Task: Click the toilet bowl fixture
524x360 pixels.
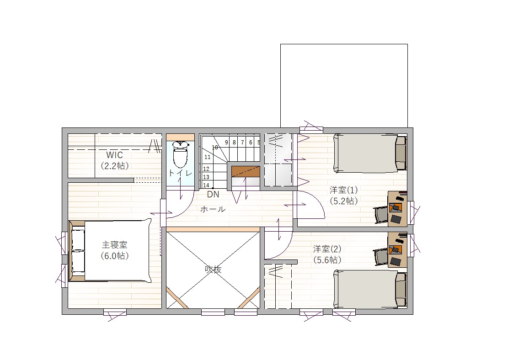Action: tap(180, 154)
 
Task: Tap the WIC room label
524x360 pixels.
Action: tap(115, 155)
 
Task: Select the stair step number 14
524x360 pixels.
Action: tap(206, 185)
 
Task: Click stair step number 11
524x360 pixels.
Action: tap(208, 157)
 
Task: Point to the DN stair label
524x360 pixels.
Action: tap(213, 194)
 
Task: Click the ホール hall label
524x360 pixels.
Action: tap(213, 209)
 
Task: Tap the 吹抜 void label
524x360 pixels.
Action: tap(213, 269)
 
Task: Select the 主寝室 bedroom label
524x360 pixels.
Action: tap(115, 245)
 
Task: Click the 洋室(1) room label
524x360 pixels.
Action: tap(343, 190)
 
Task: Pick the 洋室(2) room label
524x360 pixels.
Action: tap(327, 249)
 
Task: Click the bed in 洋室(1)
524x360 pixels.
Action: tap(370, 154)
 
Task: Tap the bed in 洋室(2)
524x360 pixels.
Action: tap(370, 289)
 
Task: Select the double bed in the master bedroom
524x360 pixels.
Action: tap(110, 250)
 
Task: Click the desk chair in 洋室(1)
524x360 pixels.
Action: tap(381, 215)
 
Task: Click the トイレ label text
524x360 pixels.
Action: tap(180, 173)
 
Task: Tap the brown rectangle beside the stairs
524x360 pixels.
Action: tap(246, 171)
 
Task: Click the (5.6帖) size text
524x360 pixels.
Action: tap(327, 260)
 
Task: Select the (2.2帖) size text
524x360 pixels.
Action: tap(115, 166)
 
